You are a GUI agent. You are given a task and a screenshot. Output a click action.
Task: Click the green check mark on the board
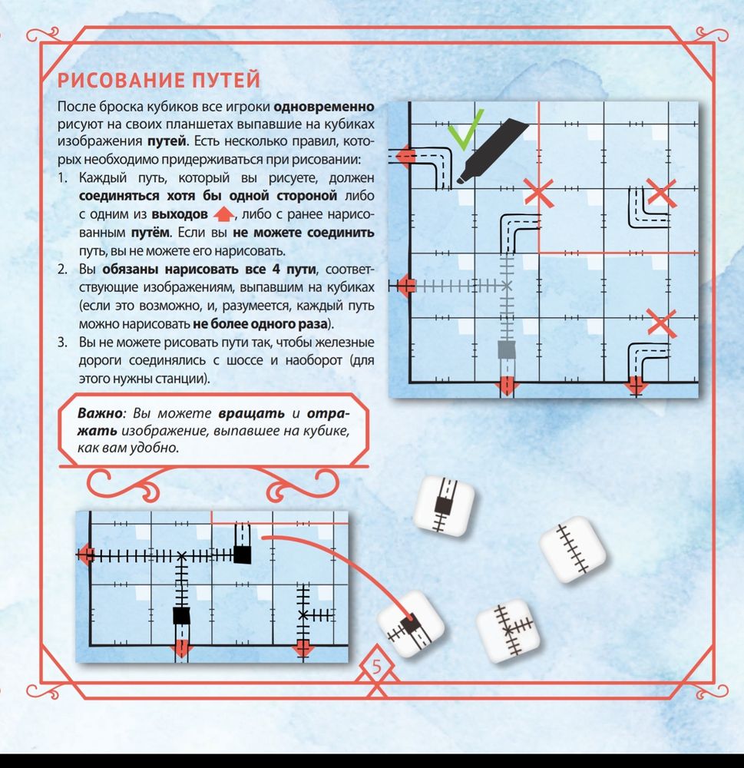(x=466, y=127)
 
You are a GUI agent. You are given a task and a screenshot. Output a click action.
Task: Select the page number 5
(x=376, y=669)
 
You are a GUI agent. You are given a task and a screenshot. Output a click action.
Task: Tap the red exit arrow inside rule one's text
(x=223, y=214)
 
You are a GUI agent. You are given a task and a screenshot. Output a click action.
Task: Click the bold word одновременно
(x=324, y=105)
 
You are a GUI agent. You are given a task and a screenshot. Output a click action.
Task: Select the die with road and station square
(x=443, y=505)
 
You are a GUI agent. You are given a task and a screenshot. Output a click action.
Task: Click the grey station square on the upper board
(x=507, y=350)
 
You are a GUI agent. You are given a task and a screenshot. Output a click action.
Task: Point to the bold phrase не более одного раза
(x=261, y=323)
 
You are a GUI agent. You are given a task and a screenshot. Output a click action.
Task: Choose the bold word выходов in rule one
(x=180, y=214)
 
